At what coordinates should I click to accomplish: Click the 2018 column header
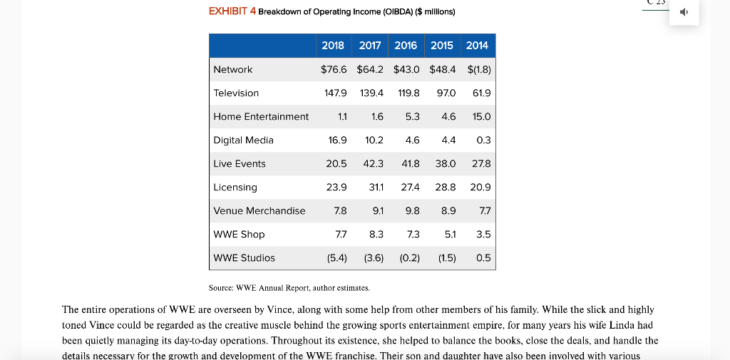tap(333, 45)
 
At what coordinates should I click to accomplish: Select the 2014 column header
tap(477, 45)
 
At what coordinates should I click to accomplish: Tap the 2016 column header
tap(406, 45)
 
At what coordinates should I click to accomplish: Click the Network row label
tap(233, 69)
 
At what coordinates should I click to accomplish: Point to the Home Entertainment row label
tap(261, 116)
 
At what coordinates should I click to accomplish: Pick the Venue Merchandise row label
tap(259, 210)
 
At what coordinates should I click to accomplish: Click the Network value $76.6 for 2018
tap(334, 69)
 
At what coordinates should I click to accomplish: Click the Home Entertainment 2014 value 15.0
tap(481, 116)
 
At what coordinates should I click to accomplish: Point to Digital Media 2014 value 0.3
tap(483, 140)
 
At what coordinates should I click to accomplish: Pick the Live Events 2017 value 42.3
tap(374, 163)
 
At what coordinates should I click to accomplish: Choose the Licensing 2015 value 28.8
tap(445, 187)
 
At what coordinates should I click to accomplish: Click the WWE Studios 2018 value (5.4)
tap(336, 257)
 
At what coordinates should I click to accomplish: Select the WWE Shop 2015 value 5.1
tap(448, 234)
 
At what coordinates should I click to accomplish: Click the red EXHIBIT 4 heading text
tap(232, 12)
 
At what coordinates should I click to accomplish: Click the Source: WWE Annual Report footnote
tap(289, 288)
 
